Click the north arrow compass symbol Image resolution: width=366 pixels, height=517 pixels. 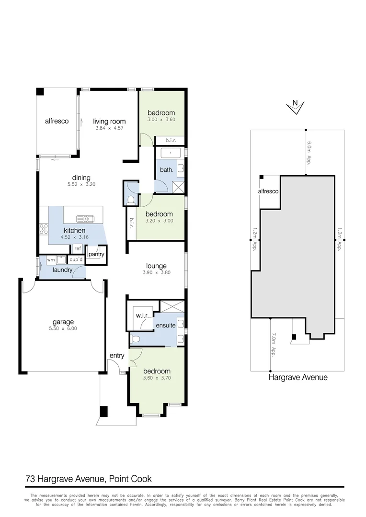[296, 107]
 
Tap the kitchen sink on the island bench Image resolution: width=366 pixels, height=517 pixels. [89, 219]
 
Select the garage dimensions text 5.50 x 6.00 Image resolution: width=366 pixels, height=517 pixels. [63, 328]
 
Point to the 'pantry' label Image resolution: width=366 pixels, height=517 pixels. [96, 254]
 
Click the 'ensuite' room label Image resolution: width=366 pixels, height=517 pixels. [165, 326]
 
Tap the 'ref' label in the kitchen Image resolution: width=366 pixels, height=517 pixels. [77, 249]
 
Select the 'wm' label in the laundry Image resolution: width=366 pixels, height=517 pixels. [51, 260]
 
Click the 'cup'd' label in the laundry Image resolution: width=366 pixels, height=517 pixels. [76, 260]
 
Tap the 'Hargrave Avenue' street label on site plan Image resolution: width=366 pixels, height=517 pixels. [297, 377]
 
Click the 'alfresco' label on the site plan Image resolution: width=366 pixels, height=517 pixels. [268, 191]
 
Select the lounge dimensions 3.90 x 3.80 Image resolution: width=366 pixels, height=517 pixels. [157, 272]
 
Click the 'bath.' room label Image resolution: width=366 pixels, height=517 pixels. [166, 170]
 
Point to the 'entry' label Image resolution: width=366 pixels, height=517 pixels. [117, 355]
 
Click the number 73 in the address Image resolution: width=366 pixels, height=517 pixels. [30, 478]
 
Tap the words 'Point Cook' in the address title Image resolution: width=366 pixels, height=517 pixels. [131, 478]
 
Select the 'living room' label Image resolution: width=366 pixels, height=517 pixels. [109, 122]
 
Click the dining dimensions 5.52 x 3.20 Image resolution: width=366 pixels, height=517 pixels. [81, 184]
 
